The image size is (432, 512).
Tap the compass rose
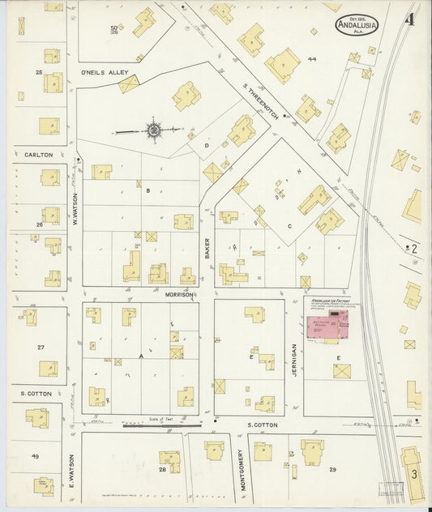(153, 129)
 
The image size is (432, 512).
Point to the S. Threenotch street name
(260, 104)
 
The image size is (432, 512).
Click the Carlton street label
(38, 154)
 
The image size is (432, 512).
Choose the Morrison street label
(180, 294)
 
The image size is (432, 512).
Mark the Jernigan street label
(293, 359)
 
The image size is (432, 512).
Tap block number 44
(312, 59)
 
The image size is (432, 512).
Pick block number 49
(36, 456)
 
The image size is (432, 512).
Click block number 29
(332, 469)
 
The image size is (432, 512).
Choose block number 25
(37, 72)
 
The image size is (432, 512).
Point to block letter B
(148, 191)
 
